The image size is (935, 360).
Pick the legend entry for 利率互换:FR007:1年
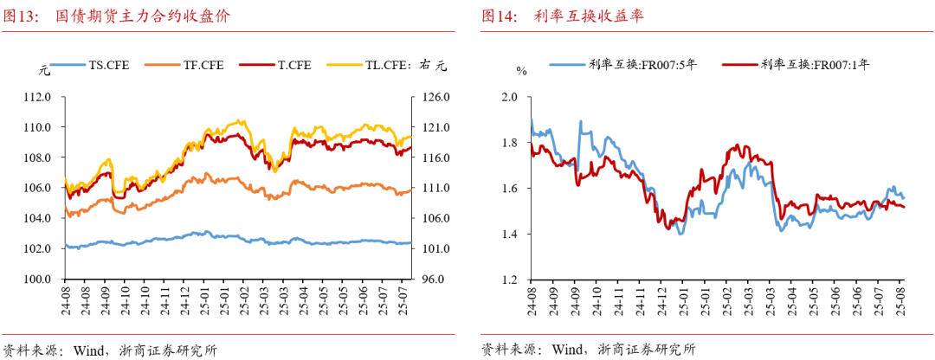(x=815, y=63)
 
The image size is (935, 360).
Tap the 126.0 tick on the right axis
(x=434, y=97)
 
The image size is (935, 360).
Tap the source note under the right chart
(x=589, y=350)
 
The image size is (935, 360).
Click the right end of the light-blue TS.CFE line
(x=409, y=243)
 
